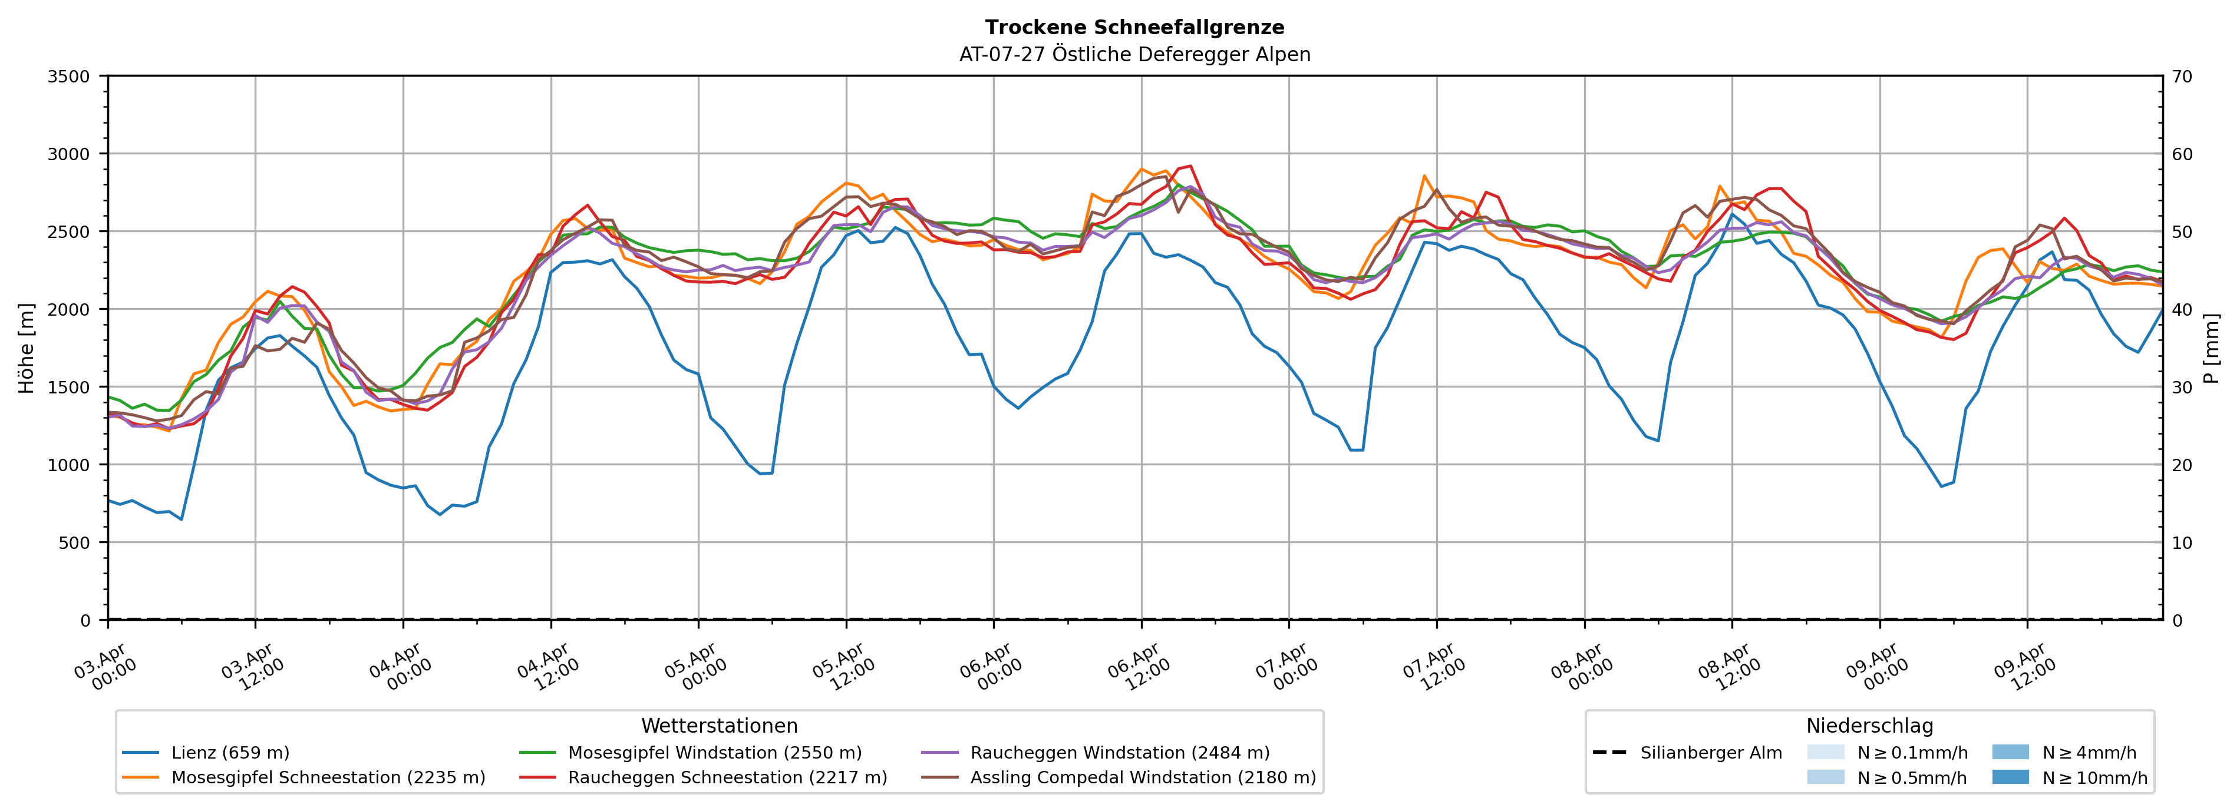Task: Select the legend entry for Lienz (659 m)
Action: coord(230,753)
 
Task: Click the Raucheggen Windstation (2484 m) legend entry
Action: coord(1119,753)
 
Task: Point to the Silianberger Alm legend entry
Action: coord(1710,753)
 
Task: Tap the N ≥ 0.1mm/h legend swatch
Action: coord(1825,753)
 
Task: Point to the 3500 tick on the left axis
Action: coord(69,77)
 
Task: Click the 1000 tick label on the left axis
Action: coord(69,465)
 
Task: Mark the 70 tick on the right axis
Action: coord(2182,77)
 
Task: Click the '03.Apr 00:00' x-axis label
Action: coord(105,667)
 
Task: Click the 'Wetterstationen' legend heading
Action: coord(719,726)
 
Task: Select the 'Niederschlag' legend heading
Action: coord(1869,726)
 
